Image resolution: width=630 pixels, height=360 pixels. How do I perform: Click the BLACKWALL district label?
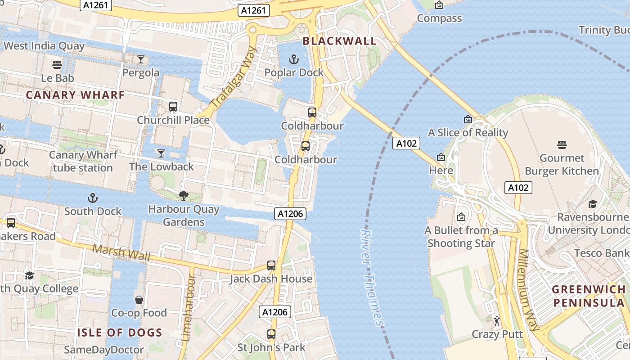coord(339,41)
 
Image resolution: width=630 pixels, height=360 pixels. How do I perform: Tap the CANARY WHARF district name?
coord(75,95)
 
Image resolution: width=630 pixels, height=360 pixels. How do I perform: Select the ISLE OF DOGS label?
coord(120,333)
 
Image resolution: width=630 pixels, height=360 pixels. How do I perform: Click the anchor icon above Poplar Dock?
coord(294,59)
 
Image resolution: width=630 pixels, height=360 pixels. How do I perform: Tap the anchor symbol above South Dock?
coord(92,198)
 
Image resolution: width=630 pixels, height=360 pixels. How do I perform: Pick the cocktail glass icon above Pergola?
coord(141,59)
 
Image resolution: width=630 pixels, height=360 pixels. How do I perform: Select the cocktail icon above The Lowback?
coord(161,153)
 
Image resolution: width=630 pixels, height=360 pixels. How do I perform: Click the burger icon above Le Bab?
coord(57,65)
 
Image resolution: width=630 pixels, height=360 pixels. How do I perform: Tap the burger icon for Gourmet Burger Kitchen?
coord(562,145)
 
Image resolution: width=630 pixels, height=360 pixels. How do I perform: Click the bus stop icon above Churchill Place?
coord(173,107)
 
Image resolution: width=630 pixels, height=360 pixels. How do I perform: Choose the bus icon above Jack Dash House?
coord(271,265)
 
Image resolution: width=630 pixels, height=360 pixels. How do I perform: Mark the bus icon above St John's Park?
coord(271,334)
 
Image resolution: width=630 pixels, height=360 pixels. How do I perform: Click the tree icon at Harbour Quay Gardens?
coord(183,196)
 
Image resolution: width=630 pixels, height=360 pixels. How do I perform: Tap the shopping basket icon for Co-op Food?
coord(139,300)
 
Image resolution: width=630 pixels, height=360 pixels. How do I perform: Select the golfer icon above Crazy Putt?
coord(497,321)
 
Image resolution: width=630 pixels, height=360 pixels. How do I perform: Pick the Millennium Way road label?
coord(529,289)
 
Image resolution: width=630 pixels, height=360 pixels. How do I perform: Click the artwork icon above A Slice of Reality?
coord(468,119)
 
